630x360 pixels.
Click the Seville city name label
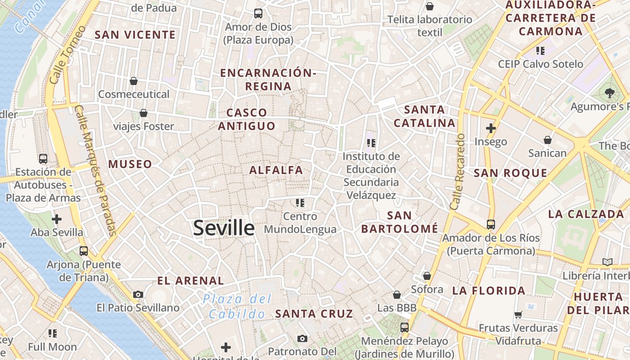tap(224, 228)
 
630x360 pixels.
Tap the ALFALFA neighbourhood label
tap(276, 170)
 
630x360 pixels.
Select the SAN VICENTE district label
tap(135, 35)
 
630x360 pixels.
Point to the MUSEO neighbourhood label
tap(130, 164)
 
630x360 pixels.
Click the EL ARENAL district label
tap(190, 281)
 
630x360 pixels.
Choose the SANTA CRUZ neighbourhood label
tap(314, 314)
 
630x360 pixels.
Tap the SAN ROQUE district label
tap(510, 173)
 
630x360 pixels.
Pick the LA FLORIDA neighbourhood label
tap(489, 291)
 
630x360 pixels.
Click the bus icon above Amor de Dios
tap(258, 13)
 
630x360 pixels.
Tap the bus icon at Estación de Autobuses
tap(43, 158)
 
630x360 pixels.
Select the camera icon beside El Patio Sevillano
tap(138, 294)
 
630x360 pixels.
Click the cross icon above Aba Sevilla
tap(57, 219)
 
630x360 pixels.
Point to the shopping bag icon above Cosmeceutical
tap(134, 81)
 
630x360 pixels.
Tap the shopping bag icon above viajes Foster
tap(144, 112)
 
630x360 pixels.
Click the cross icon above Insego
tap(490, 129)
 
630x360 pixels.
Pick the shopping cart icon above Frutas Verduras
tap(518, 315)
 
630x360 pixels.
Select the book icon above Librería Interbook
tap(607, 262)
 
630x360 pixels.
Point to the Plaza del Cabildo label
tap(237, 306)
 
